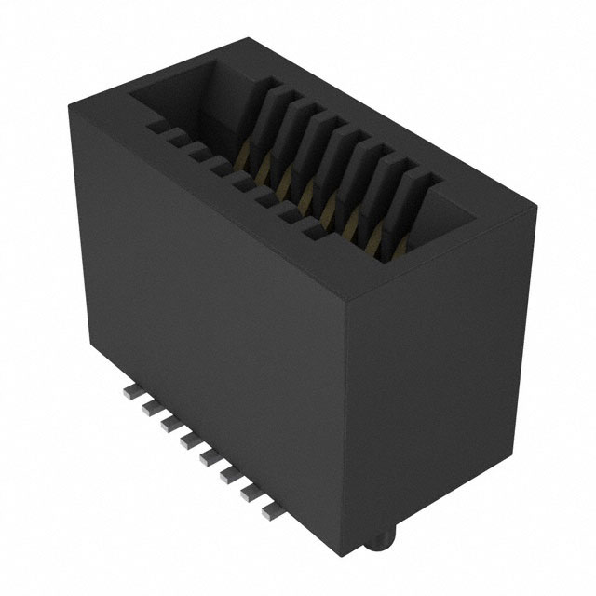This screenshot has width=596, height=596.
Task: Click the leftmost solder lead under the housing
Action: coord(129,395)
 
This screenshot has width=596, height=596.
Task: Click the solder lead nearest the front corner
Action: coord(271,509)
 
